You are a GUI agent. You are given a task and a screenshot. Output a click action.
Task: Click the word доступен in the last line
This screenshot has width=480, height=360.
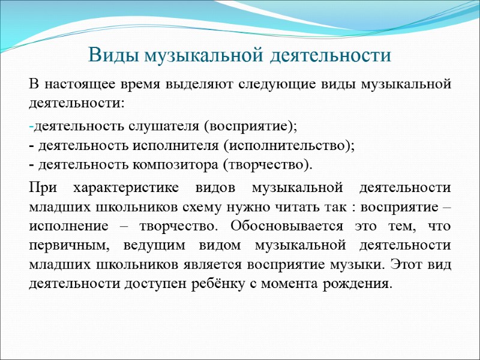tap(158, 283)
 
